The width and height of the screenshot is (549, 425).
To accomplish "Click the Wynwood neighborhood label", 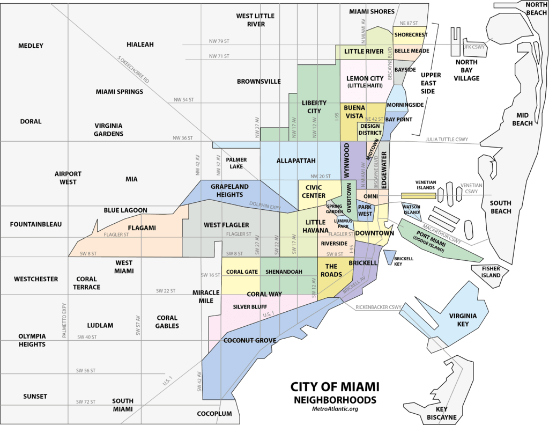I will [x=347, y=160].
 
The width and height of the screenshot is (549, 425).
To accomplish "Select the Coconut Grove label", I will [x=250, y=340].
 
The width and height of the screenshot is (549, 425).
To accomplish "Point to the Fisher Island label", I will [x=491, y=272].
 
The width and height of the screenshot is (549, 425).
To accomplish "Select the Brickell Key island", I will [x=389, y=258].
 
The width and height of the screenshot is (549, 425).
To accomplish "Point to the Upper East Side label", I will [x=428, y=83].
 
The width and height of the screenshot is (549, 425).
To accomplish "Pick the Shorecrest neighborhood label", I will [x=410, y=35].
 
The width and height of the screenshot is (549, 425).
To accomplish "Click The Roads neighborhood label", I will [x=331, y=270].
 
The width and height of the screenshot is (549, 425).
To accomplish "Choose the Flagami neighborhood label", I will [x=142, y=228].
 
